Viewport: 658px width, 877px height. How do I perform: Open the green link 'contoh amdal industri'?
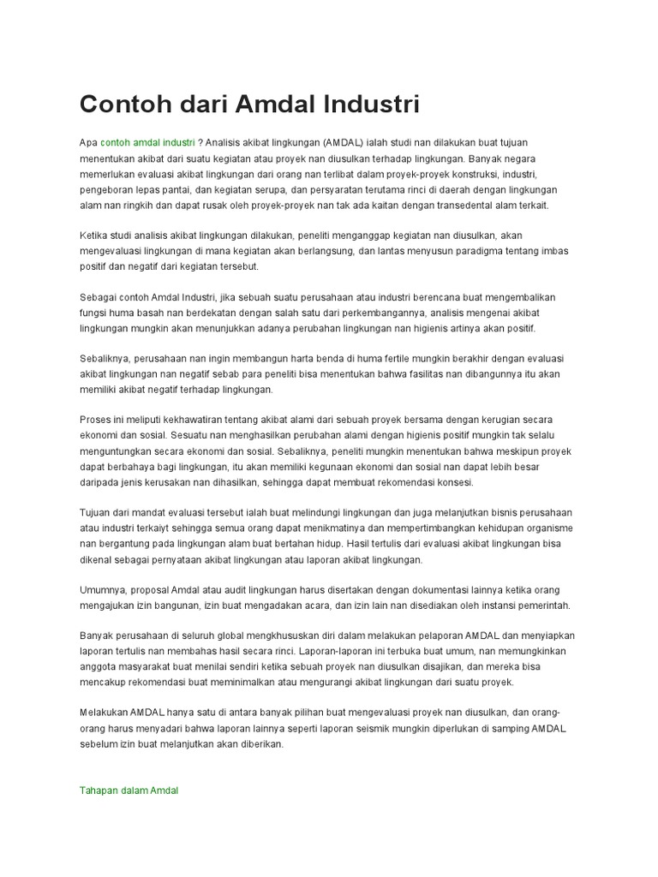147,142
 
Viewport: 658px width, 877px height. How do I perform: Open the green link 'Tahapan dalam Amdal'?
129,790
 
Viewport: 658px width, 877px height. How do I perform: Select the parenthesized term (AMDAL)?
344,142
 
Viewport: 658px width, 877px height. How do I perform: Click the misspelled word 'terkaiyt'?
182,528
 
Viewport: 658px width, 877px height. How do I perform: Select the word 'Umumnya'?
102,589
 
